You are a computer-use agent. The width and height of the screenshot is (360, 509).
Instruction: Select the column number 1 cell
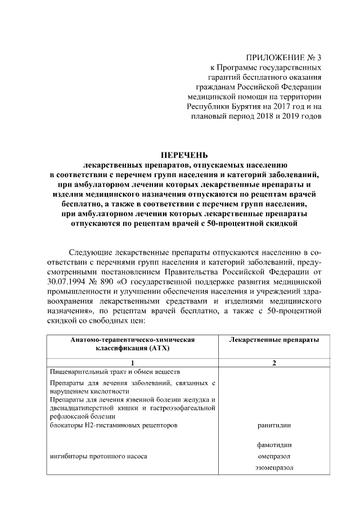tap(132, 363)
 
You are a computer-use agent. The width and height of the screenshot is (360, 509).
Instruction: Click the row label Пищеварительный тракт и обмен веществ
tap(115, 372)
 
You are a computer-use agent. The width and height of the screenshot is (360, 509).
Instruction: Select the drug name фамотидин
tap(273, 445)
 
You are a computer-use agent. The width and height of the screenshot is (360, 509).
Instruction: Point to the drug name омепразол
tap(273, 456)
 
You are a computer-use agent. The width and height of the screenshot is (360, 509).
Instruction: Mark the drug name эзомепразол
tap(273, 467)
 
